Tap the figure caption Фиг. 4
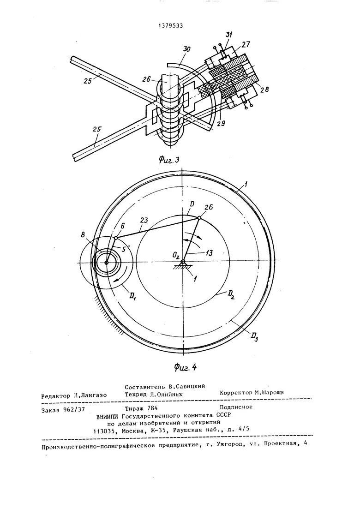point(186,367)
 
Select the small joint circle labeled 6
point(116,238)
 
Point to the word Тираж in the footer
point(135,408)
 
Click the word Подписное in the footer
point(236,407)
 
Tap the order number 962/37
point(74,409)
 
